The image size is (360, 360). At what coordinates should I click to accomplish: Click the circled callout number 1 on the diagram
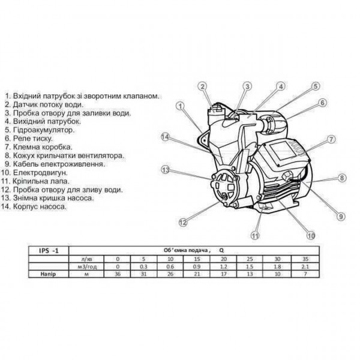tap(180, 105)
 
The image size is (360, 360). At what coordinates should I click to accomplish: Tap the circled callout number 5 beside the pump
tap(314, 86)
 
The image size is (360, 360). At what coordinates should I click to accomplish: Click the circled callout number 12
tap(182, 222)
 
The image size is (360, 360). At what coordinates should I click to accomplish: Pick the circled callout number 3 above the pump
tap(246, 86)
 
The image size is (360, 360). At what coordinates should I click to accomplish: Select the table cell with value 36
tap(117, 274)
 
